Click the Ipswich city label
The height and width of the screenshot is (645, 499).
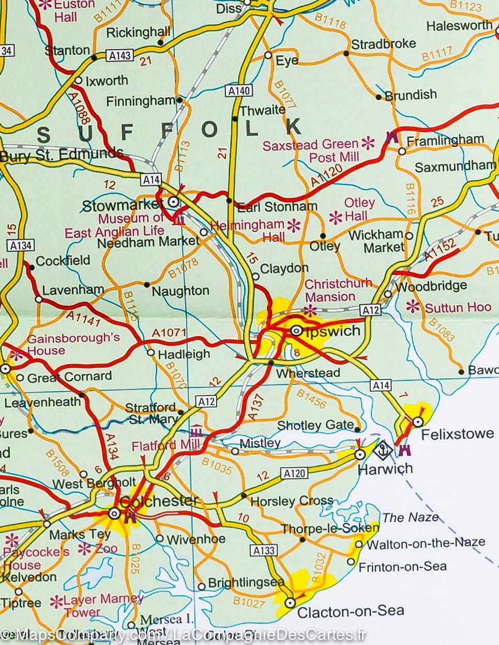[x=333, y=331]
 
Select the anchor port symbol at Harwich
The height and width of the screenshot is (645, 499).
[x=382, y=451]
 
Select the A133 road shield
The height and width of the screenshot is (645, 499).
[x=262, y=550]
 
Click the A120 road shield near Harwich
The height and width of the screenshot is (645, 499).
[x=294, y=473]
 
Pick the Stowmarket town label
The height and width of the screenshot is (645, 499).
[x=123, y=206]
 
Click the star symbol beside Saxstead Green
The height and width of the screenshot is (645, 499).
[x=368, y=143]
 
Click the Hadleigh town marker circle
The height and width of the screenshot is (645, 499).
[x=150, y=353]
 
